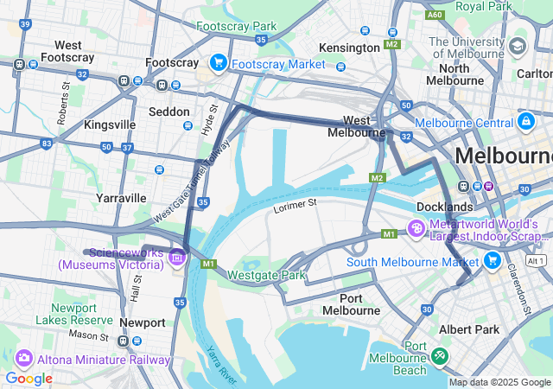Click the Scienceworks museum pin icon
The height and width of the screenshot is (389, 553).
point(178,256)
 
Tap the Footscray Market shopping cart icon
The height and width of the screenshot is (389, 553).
point(218,63)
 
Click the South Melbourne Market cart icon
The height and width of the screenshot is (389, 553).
point(493,260)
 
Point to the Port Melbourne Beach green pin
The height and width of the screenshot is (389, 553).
point(441,355)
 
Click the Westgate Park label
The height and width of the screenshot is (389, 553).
point(267,276)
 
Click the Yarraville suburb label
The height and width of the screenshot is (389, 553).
point(121,198)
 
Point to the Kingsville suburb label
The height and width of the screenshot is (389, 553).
point(110,124)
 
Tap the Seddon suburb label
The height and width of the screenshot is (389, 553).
point(169,112)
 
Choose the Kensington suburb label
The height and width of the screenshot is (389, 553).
point(348,47)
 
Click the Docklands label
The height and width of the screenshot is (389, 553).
point(444,207)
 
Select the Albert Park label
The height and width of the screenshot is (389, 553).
point(469,329)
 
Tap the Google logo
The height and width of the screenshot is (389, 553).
point(29,379)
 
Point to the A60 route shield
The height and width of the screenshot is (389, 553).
point(435,15)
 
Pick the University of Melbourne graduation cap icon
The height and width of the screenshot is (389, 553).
point(518,45)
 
